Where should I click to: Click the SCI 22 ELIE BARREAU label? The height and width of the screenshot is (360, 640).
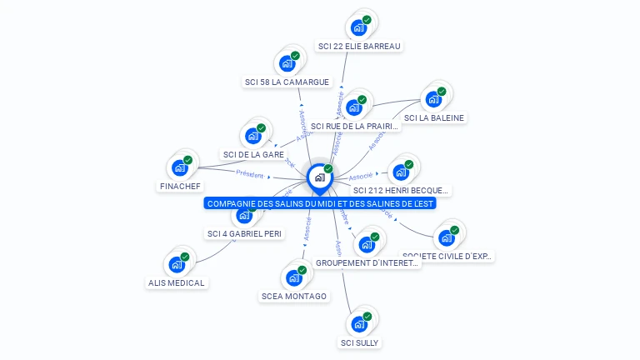[x=359, y=46]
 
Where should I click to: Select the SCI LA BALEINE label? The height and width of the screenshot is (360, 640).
[x=433, y=117]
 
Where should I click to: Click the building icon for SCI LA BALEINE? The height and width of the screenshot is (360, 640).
[x=433, y=98]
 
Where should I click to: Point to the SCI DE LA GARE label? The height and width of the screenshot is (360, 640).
[x=253, y=154]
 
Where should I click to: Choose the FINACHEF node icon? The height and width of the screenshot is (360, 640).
[x=180, y=167]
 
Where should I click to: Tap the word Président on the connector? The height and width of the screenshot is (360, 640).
[x=249, y=175]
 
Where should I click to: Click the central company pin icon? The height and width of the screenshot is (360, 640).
[x=319, y=177]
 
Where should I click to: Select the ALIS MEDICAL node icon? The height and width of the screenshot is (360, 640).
[x=177, y=264]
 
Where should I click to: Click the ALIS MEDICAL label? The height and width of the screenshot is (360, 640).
[x=176, y=282]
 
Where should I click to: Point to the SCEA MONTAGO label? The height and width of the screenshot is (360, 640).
[x=294, y=296]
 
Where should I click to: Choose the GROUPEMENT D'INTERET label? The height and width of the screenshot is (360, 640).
[x=367, y=262]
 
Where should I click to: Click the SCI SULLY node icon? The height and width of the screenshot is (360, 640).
[x=359, y=322]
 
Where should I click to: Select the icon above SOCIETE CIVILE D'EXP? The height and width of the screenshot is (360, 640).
[x=447, y=237]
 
